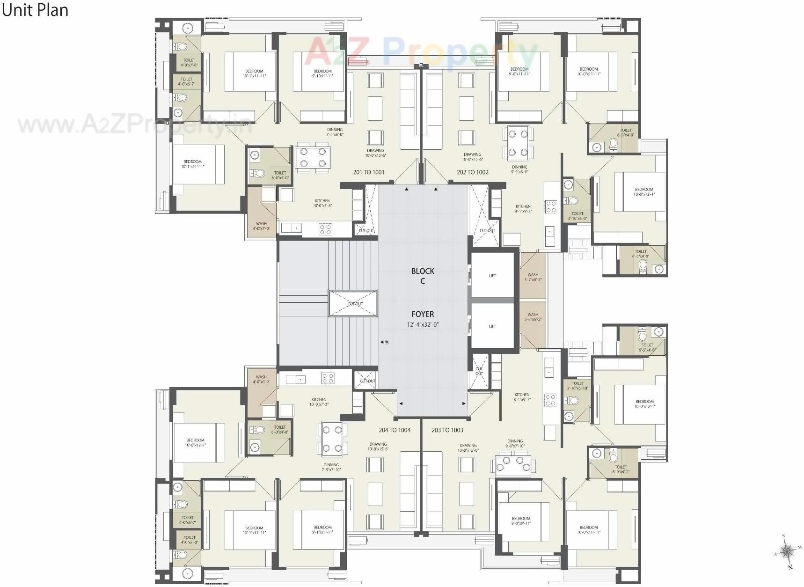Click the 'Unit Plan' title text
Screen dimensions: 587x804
35,10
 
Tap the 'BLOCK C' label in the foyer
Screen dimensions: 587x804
423,276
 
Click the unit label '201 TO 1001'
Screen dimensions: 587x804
369,172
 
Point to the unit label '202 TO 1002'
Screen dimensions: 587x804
473,172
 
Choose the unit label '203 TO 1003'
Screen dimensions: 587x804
447,430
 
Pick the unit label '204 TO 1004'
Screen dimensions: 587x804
395,430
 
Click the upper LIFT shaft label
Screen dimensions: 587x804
492,276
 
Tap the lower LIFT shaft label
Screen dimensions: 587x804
492,326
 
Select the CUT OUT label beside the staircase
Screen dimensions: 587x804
355,304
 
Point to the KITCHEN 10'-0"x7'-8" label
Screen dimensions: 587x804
322,203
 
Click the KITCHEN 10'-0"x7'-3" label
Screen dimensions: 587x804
319,402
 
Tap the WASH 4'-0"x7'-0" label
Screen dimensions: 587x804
261,226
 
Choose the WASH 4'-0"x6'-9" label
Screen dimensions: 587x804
261,379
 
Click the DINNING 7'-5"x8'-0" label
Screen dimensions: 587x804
335,132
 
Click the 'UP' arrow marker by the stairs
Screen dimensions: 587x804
385,342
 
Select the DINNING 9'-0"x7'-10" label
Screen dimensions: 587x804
515,443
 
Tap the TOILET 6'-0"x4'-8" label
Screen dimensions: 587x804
280,429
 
